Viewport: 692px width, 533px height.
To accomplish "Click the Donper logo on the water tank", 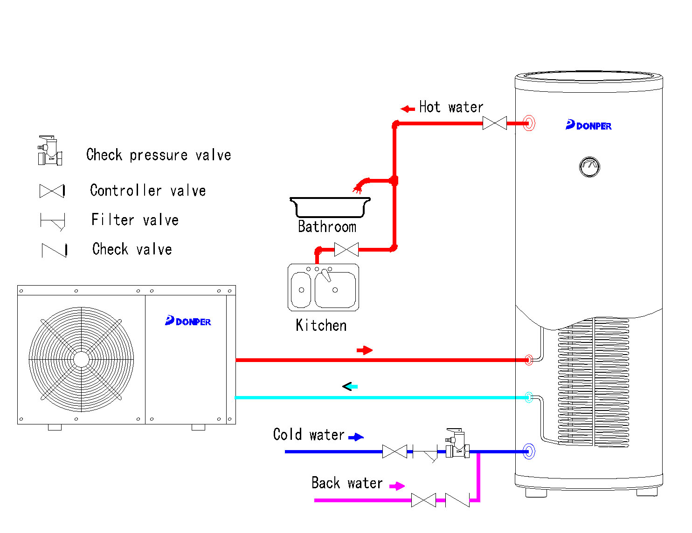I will [x=588, y=125].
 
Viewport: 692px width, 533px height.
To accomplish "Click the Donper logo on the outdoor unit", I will [x=188, y=321].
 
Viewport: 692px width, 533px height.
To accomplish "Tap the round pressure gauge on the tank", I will [x=589, y=167].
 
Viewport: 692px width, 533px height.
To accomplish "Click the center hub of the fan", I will [x=82, y=359].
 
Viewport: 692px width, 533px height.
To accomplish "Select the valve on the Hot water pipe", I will [x=494, y=123].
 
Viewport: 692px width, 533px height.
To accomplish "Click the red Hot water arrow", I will [x=408, y=109].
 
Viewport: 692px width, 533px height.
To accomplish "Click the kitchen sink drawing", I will [x=324, y=287].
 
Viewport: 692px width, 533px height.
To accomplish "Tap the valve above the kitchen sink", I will [x=346, y=250].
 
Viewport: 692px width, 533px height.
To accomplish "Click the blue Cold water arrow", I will [x=356, y=437].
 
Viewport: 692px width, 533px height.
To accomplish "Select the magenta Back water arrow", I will [x=397, y=486].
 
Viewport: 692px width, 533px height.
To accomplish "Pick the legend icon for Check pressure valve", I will [x=50, y=151].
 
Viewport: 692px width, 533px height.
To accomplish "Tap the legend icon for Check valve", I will [x=54, y=250].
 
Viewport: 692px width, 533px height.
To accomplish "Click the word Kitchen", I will [x=321, y=325].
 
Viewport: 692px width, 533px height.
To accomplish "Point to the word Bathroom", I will [x=327, y=227].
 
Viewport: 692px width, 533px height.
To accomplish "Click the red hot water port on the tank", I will [x=529, y=123].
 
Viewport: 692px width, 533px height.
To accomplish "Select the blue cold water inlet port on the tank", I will [x=529, y=451].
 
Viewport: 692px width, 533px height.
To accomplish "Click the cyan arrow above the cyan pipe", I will [x=350, y=386].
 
